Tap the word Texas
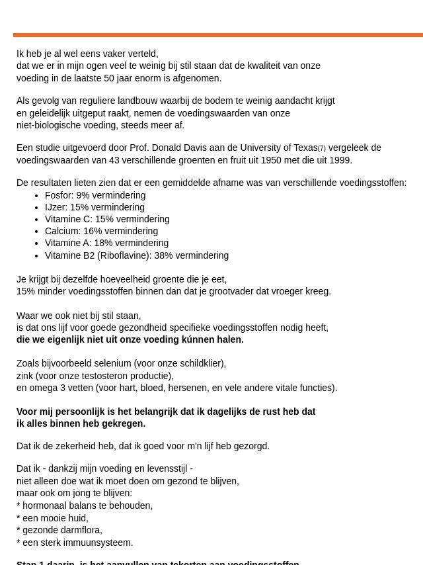coord(305,148)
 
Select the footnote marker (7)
coord(322,149)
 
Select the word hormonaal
coord(46,506)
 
